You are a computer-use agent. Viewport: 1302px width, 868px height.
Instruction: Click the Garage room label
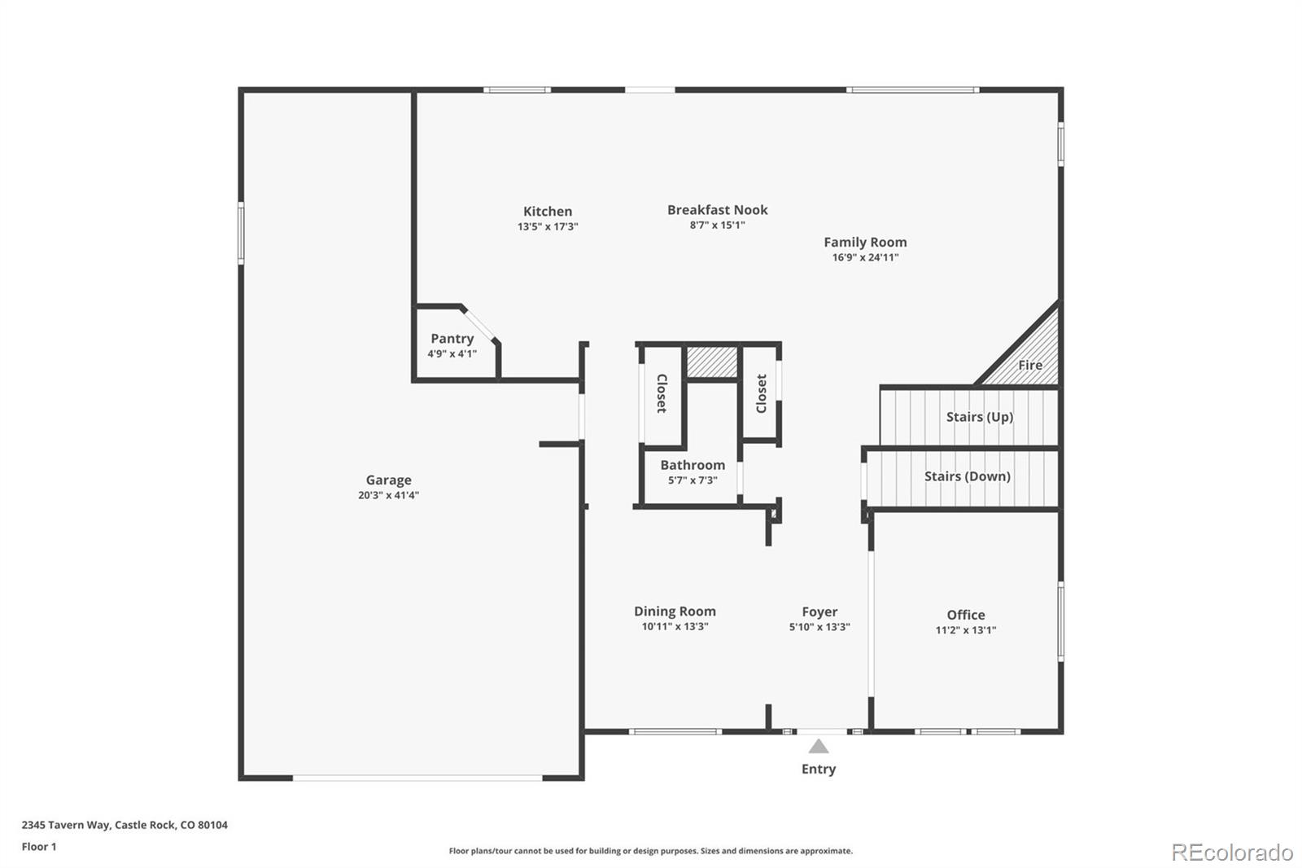pyautogui.click(x=388, y=480)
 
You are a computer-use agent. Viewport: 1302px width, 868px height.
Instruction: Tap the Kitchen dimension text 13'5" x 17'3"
pyautogui.click(x=548, y=226)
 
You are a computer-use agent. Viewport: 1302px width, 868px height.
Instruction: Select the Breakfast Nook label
pyautogui.click(x=717, y=209)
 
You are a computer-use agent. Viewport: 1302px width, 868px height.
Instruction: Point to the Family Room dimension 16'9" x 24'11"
pyautogui.click(x=865, y=257)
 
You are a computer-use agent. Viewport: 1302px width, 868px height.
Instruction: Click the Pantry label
pyautogui.click(x=452, y=339)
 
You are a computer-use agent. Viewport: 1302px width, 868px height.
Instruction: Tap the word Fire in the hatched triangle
pyautogui.click(x=1030, y=365)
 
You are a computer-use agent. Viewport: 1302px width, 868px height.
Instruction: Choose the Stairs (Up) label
pyautogui.click(x=980, y=417)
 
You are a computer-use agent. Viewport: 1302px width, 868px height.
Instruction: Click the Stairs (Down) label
pyautogui.click(x=968, y=476)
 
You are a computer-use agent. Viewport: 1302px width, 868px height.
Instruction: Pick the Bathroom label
pyautogui.click(x=693, y=465)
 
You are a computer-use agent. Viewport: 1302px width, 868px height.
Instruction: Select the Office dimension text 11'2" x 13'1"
pyautogui.click(x=965, y=629)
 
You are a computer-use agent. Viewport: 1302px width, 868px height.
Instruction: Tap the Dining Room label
pyautogui.click(x=675, y=611)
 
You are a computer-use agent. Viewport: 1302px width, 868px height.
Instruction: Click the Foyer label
pyautogui.click(x=819, y=612)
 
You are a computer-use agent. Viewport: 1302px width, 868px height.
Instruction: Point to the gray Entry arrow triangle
pyautogui.click(x=819, y=746)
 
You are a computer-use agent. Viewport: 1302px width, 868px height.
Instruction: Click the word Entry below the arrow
pyautogui.click(x=819, y=769)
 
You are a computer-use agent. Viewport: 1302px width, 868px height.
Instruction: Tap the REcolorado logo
pyautogui.click(x=1232, y=853)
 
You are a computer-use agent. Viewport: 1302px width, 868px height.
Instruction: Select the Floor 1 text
pyautogui.click(x=39, y=847)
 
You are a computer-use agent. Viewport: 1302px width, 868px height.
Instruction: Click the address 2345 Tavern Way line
pyautogui.click(x=125, y=824)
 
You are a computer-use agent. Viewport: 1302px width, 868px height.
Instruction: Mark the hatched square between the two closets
pyautogui.click(x=712, y=362)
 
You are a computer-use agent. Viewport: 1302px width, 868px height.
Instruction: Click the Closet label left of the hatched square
pyautogui.click(x=662, y=393)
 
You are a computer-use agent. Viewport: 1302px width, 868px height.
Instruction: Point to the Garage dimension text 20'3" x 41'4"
pyautogui.click(x=388, y=495)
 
